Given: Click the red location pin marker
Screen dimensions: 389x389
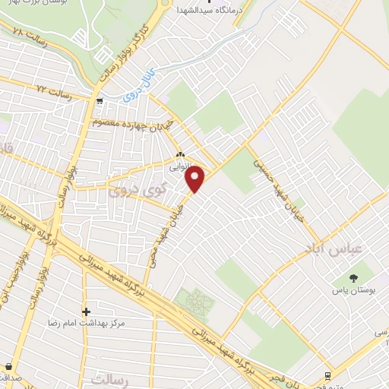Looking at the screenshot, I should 196,179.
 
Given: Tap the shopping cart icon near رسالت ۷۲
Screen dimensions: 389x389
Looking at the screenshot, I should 99,100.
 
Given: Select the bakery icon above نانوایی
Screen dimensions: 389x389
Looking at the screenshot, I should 180,150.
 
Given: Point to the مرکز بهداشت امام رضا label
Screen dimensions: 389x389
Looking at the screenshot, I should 85,323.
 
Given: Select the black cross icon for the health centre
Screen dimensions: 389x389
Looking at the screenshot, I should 86,311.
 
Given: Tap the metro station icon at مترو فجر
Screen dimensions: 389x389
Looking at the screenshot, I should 327,375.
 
